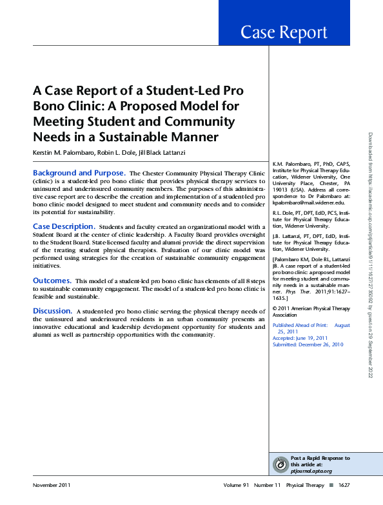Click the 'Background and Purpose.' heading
[x=79, y=173]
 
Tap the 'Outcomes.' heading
[x=52, y=281]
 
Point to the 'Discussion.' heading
[x=53, y=312]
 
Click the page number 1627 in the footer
[x=344, y=485]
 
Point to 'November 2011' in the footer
[x=52, y=485]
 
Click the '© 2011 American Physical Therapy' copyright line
[x=312, y=309]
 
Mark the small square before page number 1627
[x=331, y=485]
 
